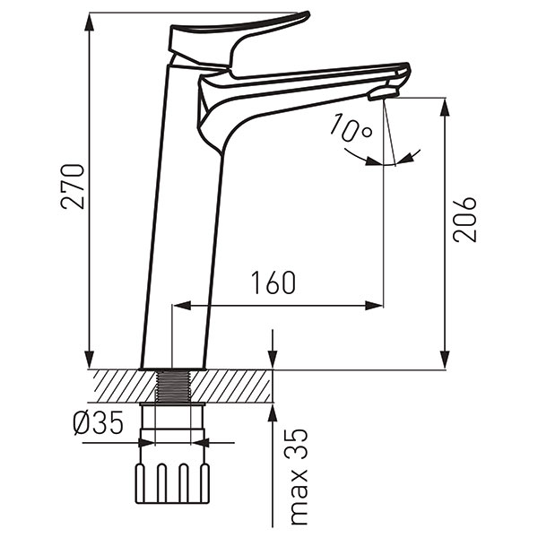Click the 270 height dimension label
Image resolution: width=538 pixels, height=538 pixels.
pos(73,187)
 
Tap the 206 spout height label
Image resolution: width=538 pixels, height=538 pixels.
pos(464,220)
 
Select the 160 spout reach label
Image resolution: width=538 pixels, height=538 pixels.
pos(273,282)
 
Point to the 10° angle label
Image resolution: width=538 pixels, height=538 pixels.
pos(351,128)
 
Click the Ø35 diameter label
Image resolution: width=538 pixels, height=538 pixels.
pos(98,422)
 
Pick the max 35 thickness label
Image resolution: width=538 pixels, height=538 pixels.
pos(297,477)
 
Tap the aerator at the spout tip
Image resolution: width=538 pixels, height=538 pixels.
pos(384,93)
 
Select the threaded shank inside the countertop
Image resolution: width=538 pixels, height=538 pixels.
pos(172,386)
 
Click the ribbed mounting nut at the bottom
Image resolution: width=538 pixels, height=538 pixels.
pos(172,484)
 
